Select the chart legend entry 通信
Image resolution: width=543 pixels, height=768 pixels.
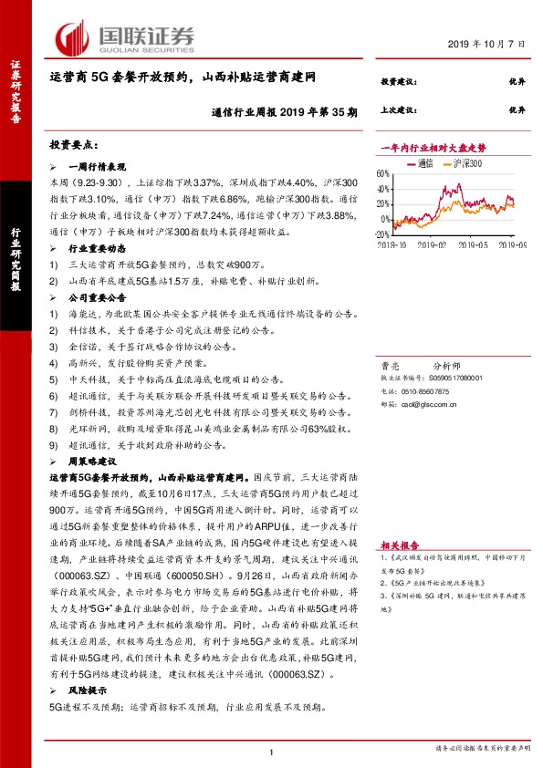pos(423,163)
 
